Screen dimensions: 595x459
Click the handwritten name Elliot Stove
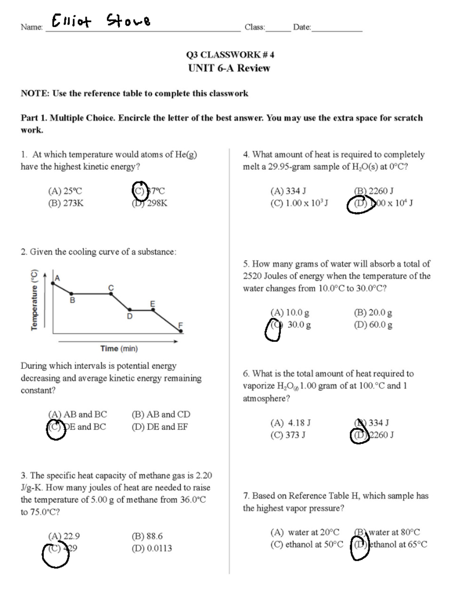click(x=101, y=21)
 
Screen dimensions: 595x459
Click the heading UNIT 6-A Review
click(x=229, y=68)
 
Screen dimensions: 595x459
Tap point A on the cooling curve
click(x=53, y=283)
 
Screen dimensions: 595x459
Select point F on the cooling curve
click(x=181, y=331)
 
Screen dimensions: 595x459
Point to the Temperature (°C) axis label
click(x=34, y=300)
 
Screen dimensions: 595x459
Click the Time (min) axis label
click(x=119, y=348)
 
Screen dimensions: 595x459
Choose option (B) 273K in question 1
click(x=65, y=203)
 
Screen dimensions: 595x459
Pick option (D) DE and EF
click(x=160, y=427)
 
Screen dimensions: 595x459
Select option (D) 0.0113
click(x=151, y=548)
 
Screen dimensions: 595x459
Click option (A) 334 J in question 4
click(x=288, y=191)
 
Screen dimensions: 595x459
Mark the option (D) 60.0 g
click(x=373, y=325)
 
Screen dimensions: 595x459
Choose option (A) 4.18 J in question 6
click(x=290, y=423)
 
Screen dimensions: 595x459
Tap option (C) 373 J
click(x=288, y=435)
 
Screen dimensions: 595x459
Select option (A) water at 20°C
click(x=304, y=532)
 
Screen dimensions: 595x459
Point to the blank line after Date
click(x=337, y=28)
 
